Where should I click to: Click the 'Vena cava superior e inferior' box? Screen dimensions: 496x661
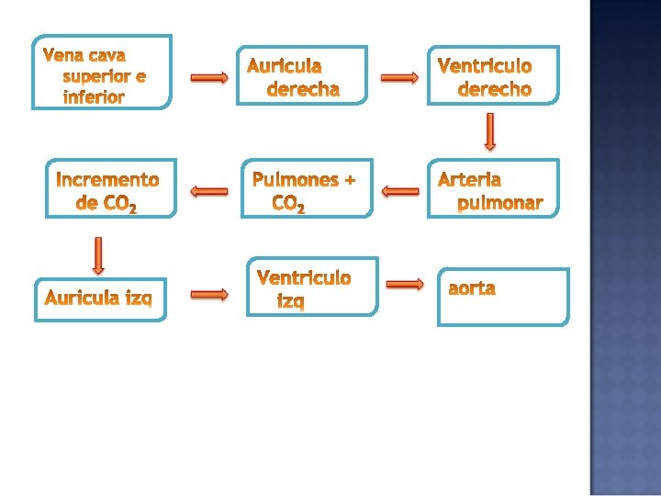102,73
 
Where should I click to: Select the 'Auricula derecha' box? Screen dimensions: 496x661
302,73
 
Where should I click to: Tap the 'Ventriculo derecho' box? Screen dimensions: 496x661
493,75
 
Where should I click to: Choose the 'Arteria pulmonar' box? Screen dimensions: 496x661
493,189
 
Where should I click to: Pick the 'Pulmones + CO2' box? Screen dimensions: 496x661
308,189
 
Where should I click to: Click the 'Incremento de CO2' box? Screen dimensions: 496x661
109,189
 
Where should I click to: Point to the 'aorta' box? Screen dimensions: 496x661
503,297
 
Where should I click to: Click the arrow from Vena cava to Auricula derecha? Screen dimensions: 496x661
209,78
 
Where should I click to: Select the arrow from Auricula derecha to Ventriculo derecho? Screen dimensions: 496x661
399,78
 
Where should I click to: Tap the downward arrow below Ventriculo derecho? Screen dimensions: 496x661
489,131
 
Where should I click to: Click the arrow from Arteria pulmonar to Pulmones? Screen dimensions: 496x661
399,191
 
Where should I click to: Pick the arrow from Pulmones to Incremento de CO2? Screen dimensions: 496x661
209,191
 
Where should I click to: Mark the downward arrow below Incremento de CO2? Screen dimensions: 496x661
98,255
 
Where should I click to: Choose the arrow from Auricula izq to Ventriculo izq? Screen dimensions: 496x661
209,294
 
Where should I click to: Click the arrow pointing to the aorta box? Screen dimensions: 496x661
405,285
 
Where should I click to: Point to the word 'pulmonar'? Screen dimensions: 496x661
500,203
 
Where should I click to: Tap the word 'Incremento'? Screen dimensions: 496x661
107,179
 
